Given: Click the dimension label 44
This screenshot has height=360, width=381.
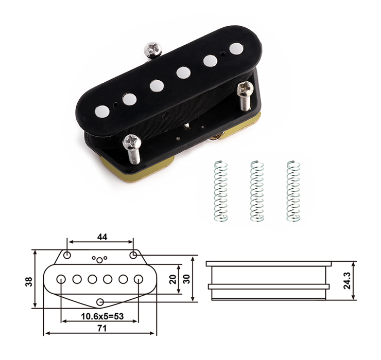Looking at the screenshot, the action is tap(102, 237).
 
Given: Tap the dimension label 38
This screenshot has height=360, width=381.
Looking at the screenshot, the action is tap(29, 282).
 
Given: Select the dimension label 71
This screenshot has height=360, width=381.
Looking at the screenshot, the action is tap(102, 329).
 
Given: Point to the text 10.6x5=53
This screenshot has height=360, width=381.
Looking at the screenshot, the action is tap(102, 316).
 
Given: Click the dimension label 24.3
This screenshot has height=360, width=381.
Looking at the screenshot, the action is tap(347, 280).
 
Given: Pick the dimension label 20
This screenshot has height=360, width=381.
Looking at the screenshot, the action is tap(173, 279).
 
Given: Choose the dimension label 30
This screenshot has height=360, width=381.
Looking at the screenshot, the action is tap(186, 279).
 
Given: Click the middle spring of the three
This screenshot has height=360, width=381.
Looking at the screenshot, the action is tap(257, 191).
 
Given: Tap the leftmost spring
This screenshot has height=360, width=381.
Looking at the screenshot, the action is tap(221, 191).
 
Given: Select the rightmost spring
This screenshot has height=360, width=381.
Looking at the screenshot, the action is tap(293, 191).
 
